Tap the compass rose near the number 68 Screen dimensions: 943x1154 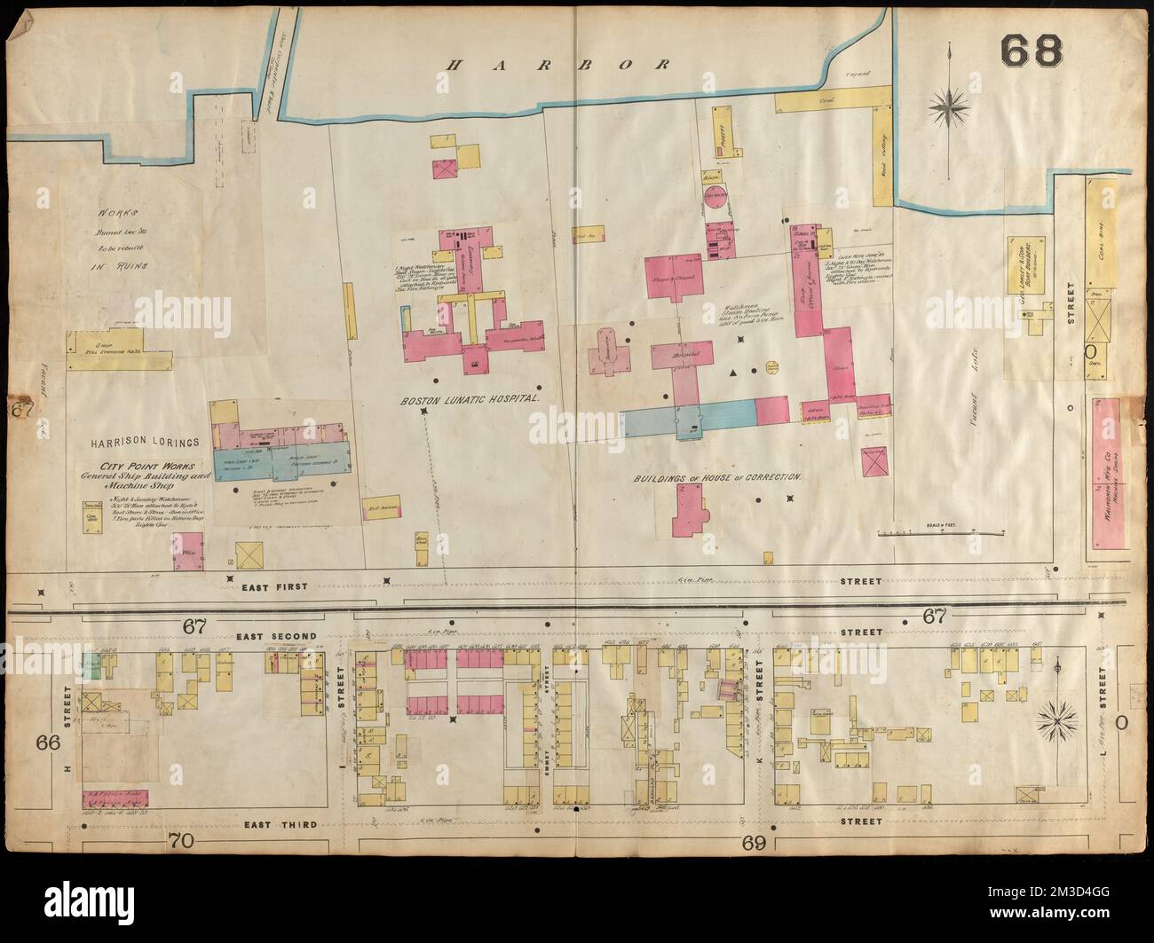(x=949, y=108)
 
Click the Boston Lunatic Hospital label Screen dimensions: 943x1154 (x=470, y=400)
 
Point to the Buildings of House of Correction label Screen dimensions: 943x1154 (x=718, y=476)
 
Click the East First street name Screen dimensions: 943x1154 (x=266, y=586)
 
